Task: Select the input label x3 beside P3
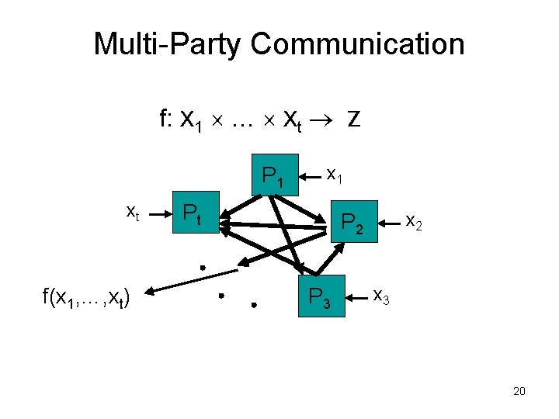(x=382, y=296)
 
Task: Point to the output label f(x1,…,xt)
(x=86, y=296)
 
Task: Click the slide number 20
(x=519, y=391)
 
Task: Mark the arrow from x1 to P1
(x=309, y=176)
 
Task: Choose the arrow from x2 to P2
(x=391, y=222)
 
